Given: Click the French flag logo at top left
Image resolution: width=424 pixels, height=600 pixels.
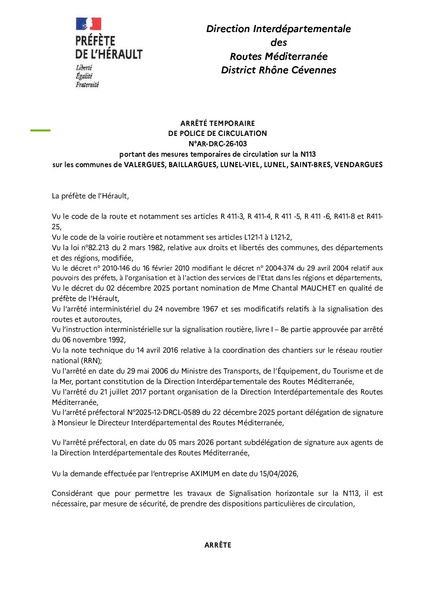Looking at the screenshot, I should tap(88, 24).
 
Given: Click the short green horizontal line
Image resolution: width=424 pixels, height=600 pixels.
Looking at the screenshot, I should tap(40, 130).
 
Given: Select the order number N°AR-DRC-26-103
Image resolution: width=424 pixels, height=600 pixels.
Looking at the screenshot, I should tap(218, 144).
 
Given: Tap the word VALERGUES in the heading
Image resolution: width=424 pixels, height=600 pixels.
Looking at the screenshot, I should tap(145, 165).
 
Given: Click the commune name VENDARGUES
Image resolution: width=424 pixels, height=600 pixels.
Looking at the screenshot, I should tap(358, 165).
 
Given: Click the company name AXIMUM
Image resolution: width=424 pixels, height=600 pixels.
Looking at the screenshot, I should tap(205, 474).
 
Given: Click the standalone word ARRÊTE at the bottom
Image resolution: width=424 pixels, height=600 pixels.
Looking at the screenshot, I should tap(218, 545).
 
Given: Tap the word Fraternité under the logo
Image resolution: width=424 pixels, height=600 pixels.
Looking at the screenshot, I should tap(87, 85).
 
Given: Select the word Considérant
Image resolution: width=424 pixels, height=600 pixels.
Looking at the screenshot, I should tap(72, 493).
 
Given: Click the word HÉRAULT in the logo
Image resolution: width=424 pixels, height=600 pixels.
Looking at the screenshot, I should tap(121, 54).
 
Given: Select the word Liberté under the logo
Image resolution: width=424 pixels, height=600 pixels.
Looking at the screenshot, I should tap(84, 68).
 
